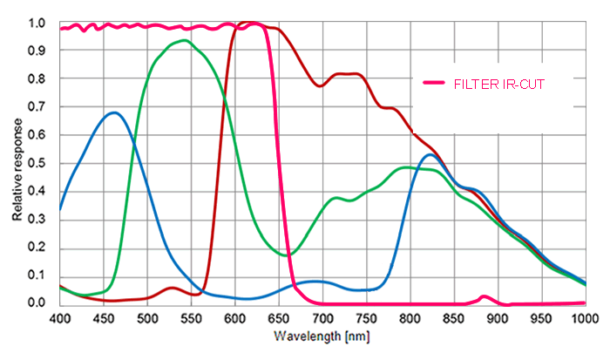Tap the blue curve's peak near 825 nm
pos(430,154)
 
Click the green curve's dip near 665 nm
pos(291,254)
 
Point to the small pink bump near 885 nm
pos(485,296)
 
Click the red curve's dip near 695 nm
pos(320,85)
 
